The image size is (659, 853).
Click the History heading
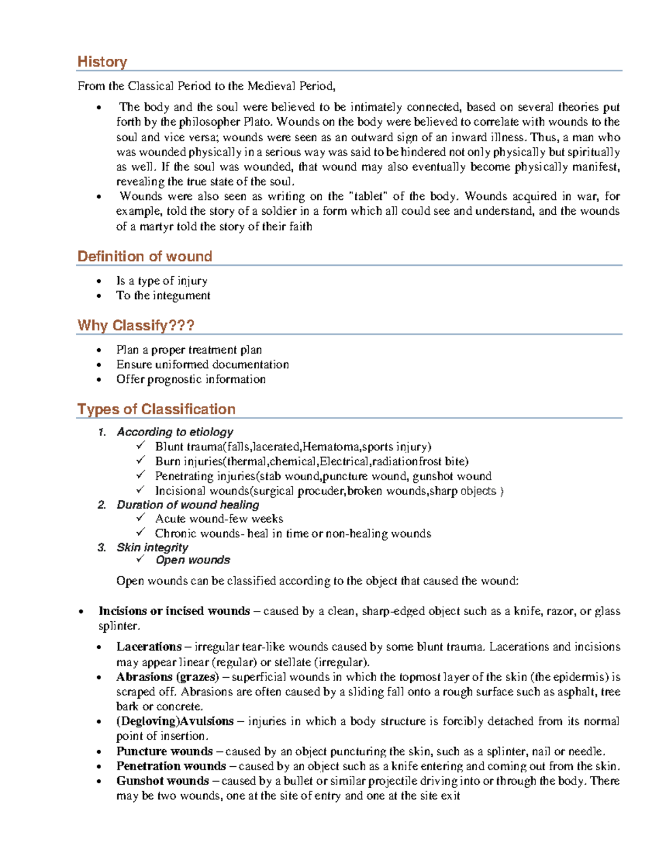pyautogui.click(x=102, y=62)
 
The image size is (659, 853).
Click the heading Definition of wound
pyautogui.click(x=144, y=257)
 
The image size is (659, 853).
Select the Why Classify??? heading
pyautogui.click(x=136, y=326)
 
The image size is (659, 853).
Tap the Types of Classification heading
pyautogui.click(x=156, y=409)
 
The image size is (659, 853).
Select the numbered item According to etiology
pyautogui.click(x=175, y=432)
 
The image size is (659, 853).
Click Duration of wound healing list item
pyautogui.click(x=188, y=505)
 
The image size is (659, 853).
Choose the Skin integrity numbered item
pyautogui.click(x=152, y=548)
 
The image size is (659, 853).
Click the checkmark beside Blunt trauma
pyautogui.click(x=141, y=445)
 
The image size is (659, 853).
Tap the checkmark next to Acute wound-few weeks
pyautogui.click(x=141, y=517)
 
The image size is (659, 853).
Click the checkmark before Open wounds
pyautogui.click(x=141, y=559)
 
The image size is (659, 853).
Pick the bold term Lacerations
pyautogui.click(x=149, y=647)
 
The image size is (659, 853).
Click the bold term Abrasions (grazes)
pyautogui.click(x=167, y=677)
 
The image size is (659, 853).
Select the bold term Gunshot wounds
pyautogui.click(x=163, y=781)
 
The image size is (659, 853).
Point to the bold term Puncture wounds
pyautogui.click(x=164, y=751)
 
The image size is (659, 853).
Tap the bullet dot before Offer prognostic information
pyautogui.click(x=99, y=380)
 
